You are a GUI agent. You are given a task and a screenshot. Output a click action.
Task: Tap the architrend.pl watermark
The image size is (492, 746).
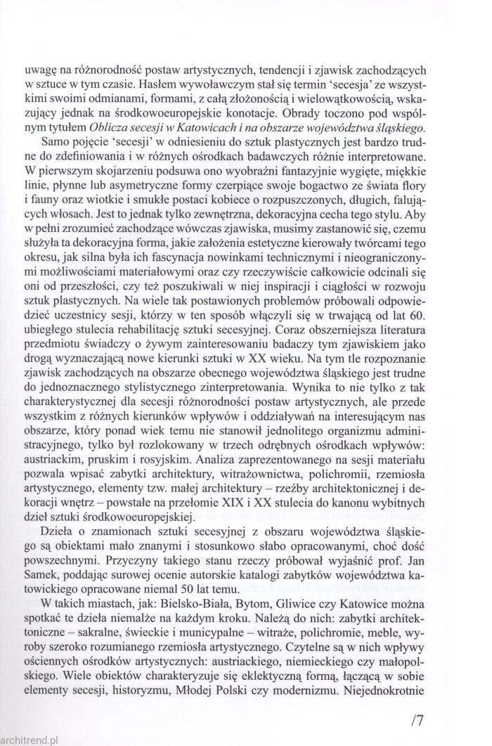point(38,740)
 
